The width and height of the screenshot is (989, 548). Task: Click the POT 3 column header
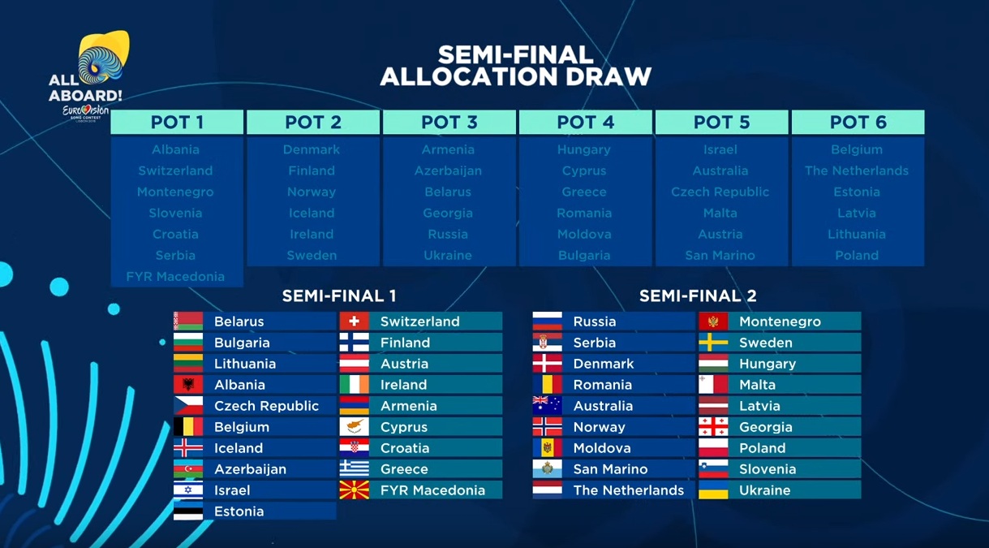(449, 122)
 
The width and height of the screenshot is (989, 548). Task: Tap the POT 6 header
(858, 122)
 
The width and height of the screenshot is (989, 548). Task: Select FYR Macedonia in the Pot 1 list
(175, 277)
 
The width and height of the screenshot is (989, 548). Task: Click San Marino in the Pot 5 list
(720, 256)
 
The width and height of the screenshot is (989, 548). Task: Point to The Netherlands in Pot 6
(857, 170)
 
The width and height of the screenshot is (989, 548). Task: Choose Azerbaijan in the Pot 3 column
(448, 171)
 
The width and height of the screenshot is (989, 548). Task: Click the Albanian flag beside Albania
(188, 385)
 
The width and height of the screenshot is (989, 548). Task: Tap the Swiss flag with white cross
(354, 321)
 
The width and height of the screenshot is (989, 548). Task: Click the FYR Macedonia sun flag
(354, 490)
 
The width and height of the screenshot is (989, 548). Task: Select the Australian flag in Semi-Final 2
(547, 406)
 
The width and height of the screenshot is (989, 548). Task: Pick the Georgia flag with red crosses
(713, 427)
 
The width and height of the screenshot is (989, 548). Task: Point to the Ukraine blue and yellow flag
(713, 490)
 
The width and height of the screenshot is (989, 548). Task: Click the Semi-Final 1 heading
(339, 296)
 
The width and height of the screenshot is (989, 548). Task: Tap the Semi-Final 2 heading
(698, 296)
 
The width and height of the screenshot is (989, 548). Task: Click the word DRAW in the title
(608, 76)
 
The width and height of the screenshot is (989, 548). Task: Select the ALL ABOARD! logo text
(85, 88)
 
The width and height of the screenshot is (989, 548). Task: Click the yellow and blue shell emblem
(104, 56)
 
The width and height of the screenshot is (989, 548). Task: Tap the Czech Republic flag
(188, 406)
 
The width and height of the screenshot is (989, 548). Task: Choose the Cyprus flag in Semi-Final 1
(354, 427)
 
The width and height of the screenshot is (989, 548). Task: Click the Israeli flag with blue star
(188, 490)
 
